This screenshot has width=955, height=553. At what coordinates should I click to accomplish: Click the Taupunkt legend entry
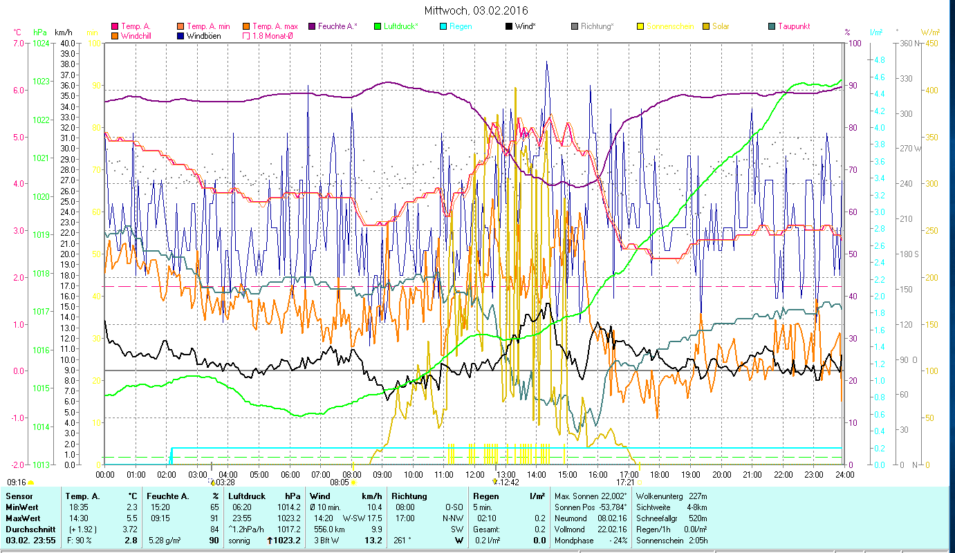793,26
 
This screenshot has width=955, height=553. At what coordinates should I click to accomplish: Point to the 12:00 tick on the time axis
474,475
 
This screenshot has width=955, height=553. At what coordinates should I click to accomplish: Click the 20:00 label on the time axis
721,475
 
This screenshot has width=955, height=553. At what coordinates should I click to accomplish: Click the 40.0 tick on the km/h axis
67,43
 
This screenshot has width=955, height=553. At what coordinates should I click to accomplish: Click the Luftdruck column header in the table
246,496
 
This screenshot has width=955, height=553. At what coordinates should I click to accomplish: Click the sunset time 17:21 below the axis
625,482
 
